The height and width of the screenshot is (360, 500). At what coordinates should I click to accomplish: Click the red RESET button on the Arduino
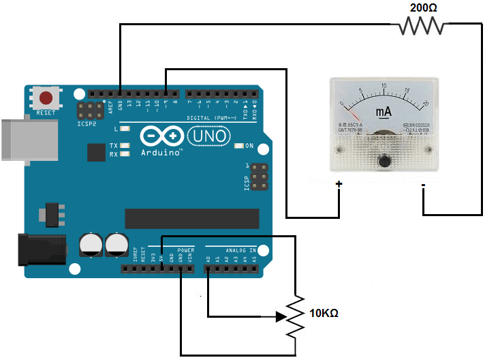(46, 97)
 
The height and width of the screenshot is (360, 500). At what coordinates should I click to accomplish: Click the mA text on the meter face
(382, 111)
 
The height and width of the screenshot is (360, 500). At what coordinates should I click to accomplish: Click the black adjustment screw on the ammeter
(384, 161)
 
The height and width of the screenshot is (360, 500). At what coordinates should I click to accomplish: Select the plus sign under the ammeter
(339, 184)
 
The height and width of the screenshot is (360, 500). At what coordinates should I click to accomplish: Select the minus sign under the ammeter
(423, 184)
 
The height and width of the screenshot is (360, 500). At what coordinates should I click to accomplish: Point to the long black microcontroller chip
(191, 218)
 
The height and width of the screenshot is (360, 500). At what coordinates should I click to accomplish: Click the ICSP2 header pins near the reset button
(89, 112)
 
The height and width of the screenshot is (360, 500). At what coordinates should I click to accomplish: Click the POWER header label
(185, 251)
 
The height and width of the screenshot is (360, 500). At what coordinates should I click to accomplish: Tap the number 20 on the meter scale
(425, 104)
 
